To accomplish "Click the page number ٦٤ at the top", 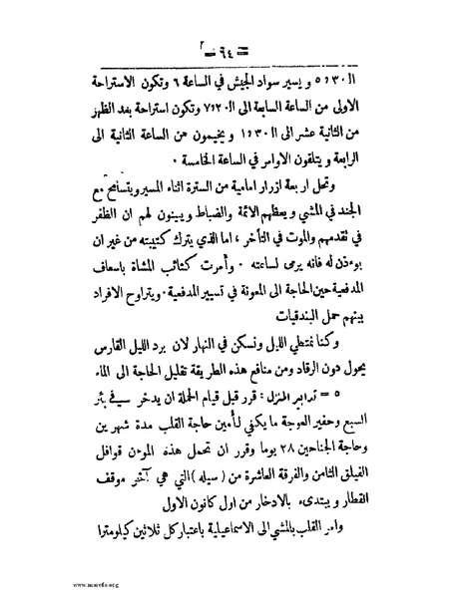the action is [x=231, y=43].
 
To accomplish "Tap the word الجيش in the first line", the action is [x=239, y=83].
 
